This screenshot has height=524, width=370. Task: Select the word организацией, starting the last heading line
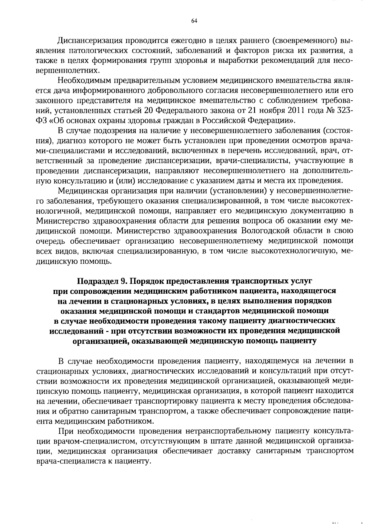100,341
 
